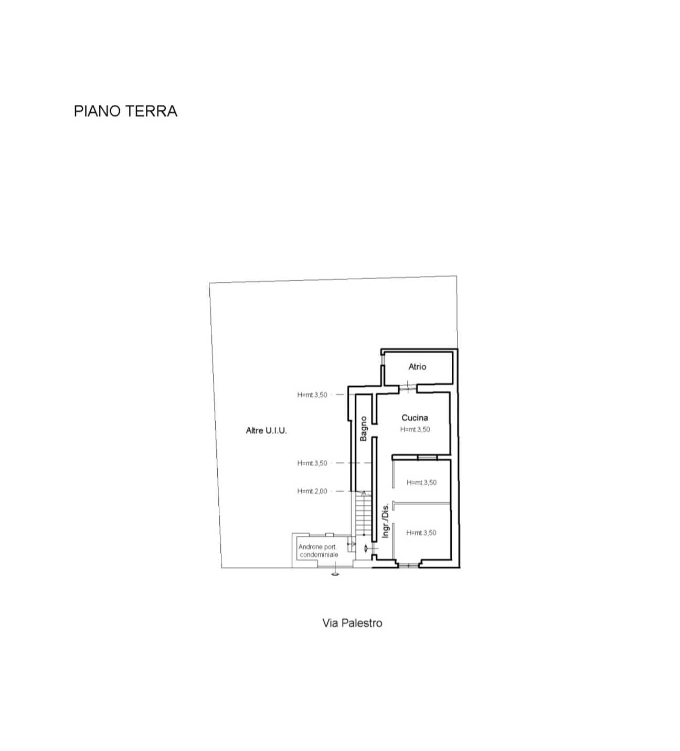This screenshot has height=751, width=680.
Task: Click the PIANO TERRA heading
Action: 125,111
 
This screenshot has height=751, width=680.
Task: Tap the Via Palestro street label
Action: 353,623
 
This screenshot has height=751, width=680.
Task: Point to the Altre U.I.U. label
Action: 266,430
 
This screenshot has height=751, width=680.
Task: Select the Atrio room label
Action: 417,366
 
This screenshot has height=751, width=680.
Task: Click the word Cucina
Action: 415,417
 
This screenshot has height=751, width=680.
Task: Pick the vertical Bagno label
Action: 363,429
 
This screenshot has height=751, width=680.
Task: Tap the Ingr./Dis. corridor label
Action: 385,521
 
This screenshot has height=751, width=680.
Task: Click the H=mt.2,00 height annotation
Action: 312,491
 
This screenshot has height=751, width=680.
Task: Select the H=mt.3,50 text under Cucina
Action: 415,429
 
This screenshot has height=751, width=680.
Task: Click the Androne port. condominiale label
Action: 318,551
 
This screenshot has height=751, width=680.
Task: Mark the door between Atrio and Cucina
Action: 408,388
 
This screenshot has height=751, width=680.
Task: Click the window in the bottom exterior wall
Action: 408,566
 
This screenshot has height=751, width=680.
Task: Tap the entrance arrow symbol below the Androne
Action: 335,574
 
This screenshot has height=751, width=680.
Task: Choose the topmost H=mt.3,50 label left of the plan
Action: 312,395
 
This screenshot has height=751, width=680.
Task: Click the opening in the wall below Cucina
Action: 427,457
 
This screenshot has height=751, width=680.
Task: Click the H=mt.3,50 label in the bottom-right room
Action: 421,533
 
